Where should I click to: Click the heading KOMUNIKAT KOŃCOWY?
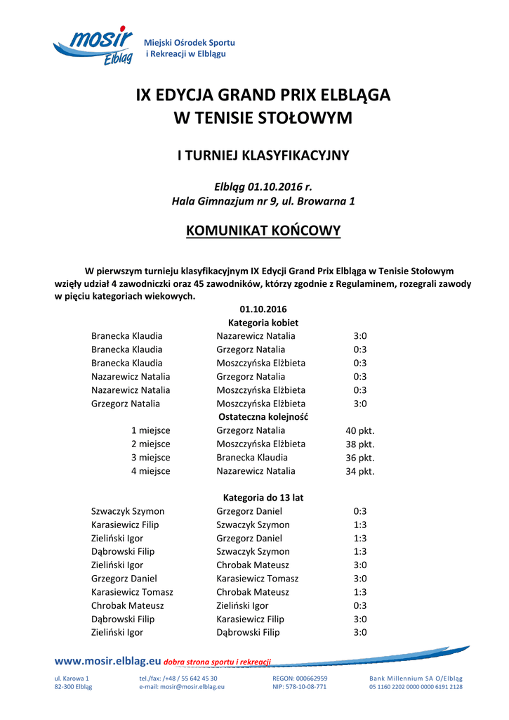(x=263, y=231)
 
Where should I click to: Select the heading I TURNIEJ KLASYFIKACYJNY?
(x=263, y=155)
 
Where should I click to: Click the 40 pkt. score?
(x=360, y=431)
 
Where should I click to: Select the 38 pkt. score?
(x=360, y=444)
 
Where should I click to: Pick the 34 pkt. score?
(x=360, y=471)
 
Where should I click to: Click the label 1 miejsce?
(x=150, y=430)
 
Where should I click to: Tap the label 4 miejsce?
(x=150, y=471)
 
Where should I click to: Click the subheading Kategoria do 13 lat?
(x=263, y=498)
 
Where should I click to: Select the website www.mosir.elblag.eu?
(x=107, y=661)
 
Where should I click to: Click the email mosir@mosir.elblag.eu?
(x=182, y=687)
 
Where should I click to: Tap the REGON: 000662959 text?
(x=300, y=679)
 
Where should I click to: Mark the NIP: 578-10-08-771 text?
(x=299, y=687)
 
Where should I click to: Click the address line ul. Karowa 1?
(x=72, y=679)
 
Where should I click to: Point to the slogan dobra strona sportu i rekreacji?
(x=217, y=662)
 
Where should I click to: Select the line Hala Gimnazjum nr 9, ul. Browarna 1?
(x=263, y=201)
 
